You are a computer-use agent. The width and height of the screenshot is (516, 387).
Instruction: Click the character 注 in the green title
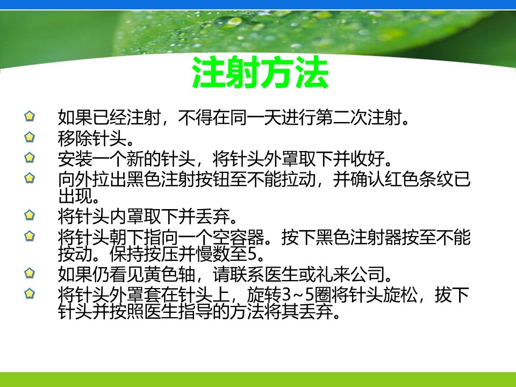[209, 73]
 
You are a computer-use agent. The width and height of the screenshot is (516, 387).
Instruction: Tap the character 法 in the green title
[312, 73]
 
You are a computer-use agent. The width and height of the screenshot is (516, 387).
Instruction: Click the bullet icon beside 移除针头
[30, 137]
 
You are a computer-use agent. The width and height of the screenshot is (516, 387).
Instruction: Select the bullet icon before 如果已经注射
[30, 116]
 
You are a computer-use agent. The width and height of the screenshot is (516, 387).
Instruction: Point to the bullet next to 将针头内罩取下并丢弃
[30, 215]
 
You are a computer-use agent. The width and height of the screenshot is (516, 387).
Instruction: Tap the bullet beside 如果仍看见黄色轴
[30, 273]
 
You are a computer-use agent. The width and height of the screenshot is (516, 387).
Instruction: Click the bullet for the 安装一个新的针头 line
[30, 157]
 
